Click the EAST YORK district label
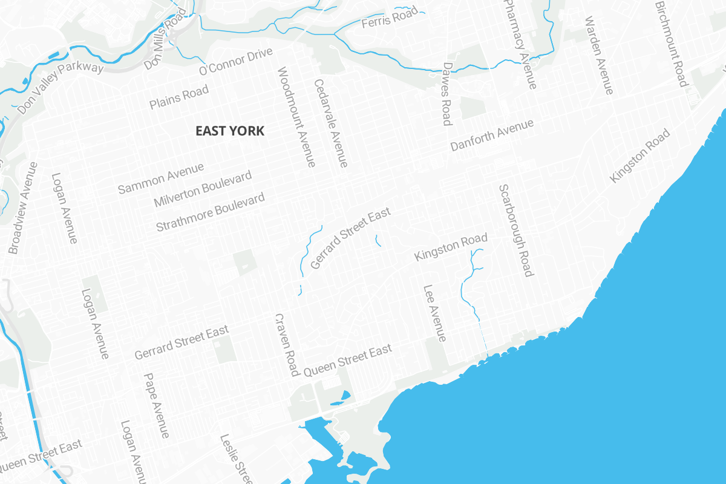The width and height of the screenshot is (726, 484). click(230, 131)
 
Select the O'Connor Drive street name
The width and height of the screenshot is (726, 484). click(236, 62)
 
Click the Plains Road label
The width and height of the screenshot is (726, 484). click(179, 97)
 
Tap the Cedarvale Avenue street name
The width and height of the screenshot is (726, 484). click(331, 123)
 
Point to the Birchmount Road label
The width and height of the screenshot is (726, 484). click(671, 42)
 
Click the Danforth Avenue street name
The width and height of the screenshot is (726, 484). click(492, 135)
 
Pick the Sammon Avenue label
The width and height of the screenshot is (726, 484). click(161, 178)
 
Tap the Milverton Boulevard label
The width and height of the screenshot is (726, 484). click(203, 189)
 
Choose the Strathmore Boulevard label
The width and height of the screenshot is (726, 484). click(211, 212)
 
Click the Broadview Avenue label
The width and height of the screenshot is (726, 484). click(23, 208)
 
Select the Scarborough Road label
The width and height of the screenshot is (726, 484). click(515, 230)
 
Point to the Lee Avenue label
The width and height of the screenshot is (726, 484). click(435, 313)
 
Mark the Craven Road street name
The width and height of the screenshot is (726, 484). click(287, 344)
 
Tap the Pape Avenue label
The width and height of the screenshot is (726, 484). click(156, 405)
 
